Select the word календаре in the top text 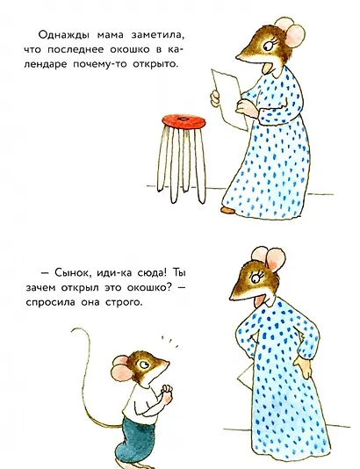tap(69, 65)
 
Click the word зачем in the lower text tap(55, 288)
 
